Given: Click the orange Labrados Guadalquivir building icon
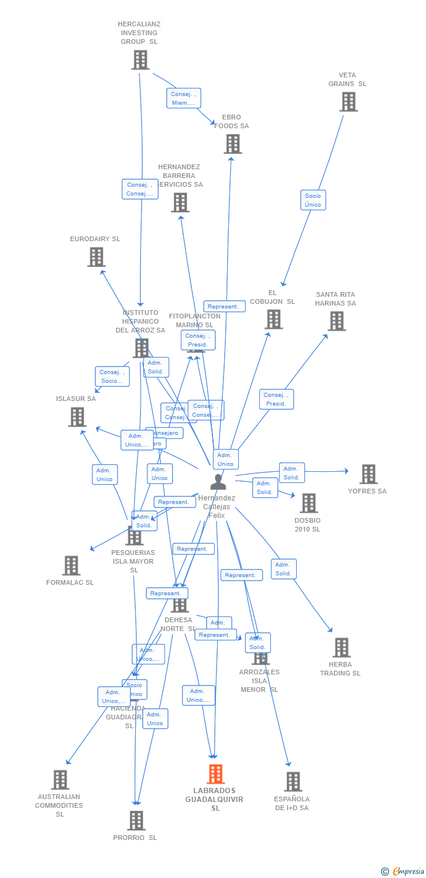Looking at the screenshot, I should click(215, 774).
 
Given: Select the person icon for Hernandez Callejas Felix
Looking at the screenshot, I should click(218, 482).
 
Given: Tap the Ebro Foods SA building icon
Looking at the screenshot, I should click(232, 144).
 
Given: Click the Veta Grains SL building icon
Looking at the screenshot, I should click(348, 102).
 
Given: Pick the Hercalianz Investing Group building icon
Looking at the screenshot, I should click(140, 60).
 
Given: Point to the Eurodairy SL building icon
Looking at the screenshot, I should click(96, 256).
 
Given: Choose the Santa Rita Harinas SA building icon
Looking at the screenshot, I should click(336, 321).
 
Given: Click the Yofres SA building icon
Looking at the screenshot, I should click(368, 474).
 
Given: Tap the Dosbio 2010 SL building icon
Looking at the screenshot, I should click(308, 503).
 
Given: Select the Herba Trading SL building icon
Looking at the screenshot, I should click(341, 647).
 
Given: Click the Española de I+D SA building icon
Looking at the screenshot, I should click(293, 781).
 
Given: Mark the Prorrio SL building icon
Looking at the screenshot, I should click(136, 820).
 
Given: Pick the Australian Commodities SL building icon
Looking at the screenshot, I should click(60, 780).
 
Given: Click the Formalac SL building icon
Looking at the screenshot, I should click(71, 565).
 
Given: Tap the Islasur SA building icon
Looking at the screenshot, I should click(77, 417).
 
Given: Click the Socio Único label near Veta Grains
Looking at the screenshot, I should click(313, 200).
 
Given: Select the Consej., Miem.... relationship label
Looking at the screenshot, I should click(183, 98).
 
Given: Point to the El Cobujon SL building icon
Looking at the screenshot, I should click(273, 320).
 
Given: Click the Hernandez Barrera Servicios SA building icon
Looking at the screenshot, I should click(180, 203).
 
